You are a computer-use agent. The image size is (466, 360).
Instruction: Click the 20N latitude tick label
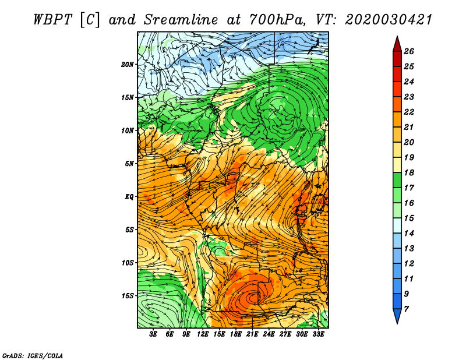click(127, 65)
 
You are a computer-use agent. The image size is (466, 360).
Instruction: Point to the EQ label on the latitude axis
click(129, 197)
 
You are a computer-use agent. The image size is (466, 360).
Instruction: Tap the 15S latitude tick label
click(127, 296)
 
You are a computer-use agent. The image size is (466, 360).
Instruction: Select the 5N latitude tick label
click(129, 164)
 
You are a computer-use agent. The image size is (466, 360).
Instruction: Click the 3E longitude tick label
click(153, 334)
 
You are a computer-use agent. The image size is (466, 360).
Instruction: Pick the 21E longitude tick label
click(252, 334)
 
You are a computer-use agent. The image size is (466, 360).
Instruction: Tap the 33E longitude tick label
click(318, 334)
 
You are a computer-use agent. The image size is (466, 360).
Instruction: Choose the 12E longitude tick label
click(202, 334)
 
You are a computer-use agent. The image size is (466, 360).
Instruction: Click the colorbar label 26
click(409, 52)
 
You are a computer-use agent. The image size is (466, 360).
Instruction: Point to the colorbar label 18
click(409, 173)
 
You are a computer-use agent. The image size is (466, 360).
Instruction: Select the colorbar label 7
click(406, 309)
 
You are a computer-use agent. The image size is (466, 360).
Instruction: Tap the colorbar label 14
click(409, 234)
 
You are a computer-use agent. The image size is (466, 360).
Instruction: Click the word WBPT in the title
click(53, 20)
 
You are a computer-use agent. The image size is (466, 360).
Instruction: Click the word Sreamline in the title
click(181, 20)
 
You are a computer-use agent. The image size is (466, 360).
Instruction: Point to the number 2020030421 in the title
click(388, 20)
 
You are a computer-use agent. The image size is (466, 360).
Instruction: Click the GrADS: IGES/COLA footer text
click(33, 356)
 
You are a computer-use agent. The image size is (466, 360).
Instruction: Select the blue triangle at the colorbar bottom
click(397, 315)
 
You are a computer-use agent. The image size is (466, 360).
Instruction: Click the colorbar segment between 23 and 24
click(397, 89)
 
